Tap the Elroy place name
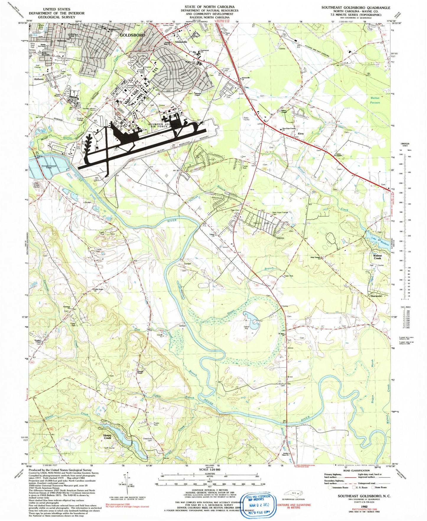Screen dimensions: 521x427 (x=301, y=134)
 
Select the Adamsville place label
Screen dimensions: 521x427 (x=181, y=42)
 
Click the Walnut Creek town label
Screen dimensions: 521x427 (x=377, y=257)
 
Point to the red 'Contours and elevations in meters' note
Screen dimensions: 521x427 (x=293, y=506)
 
